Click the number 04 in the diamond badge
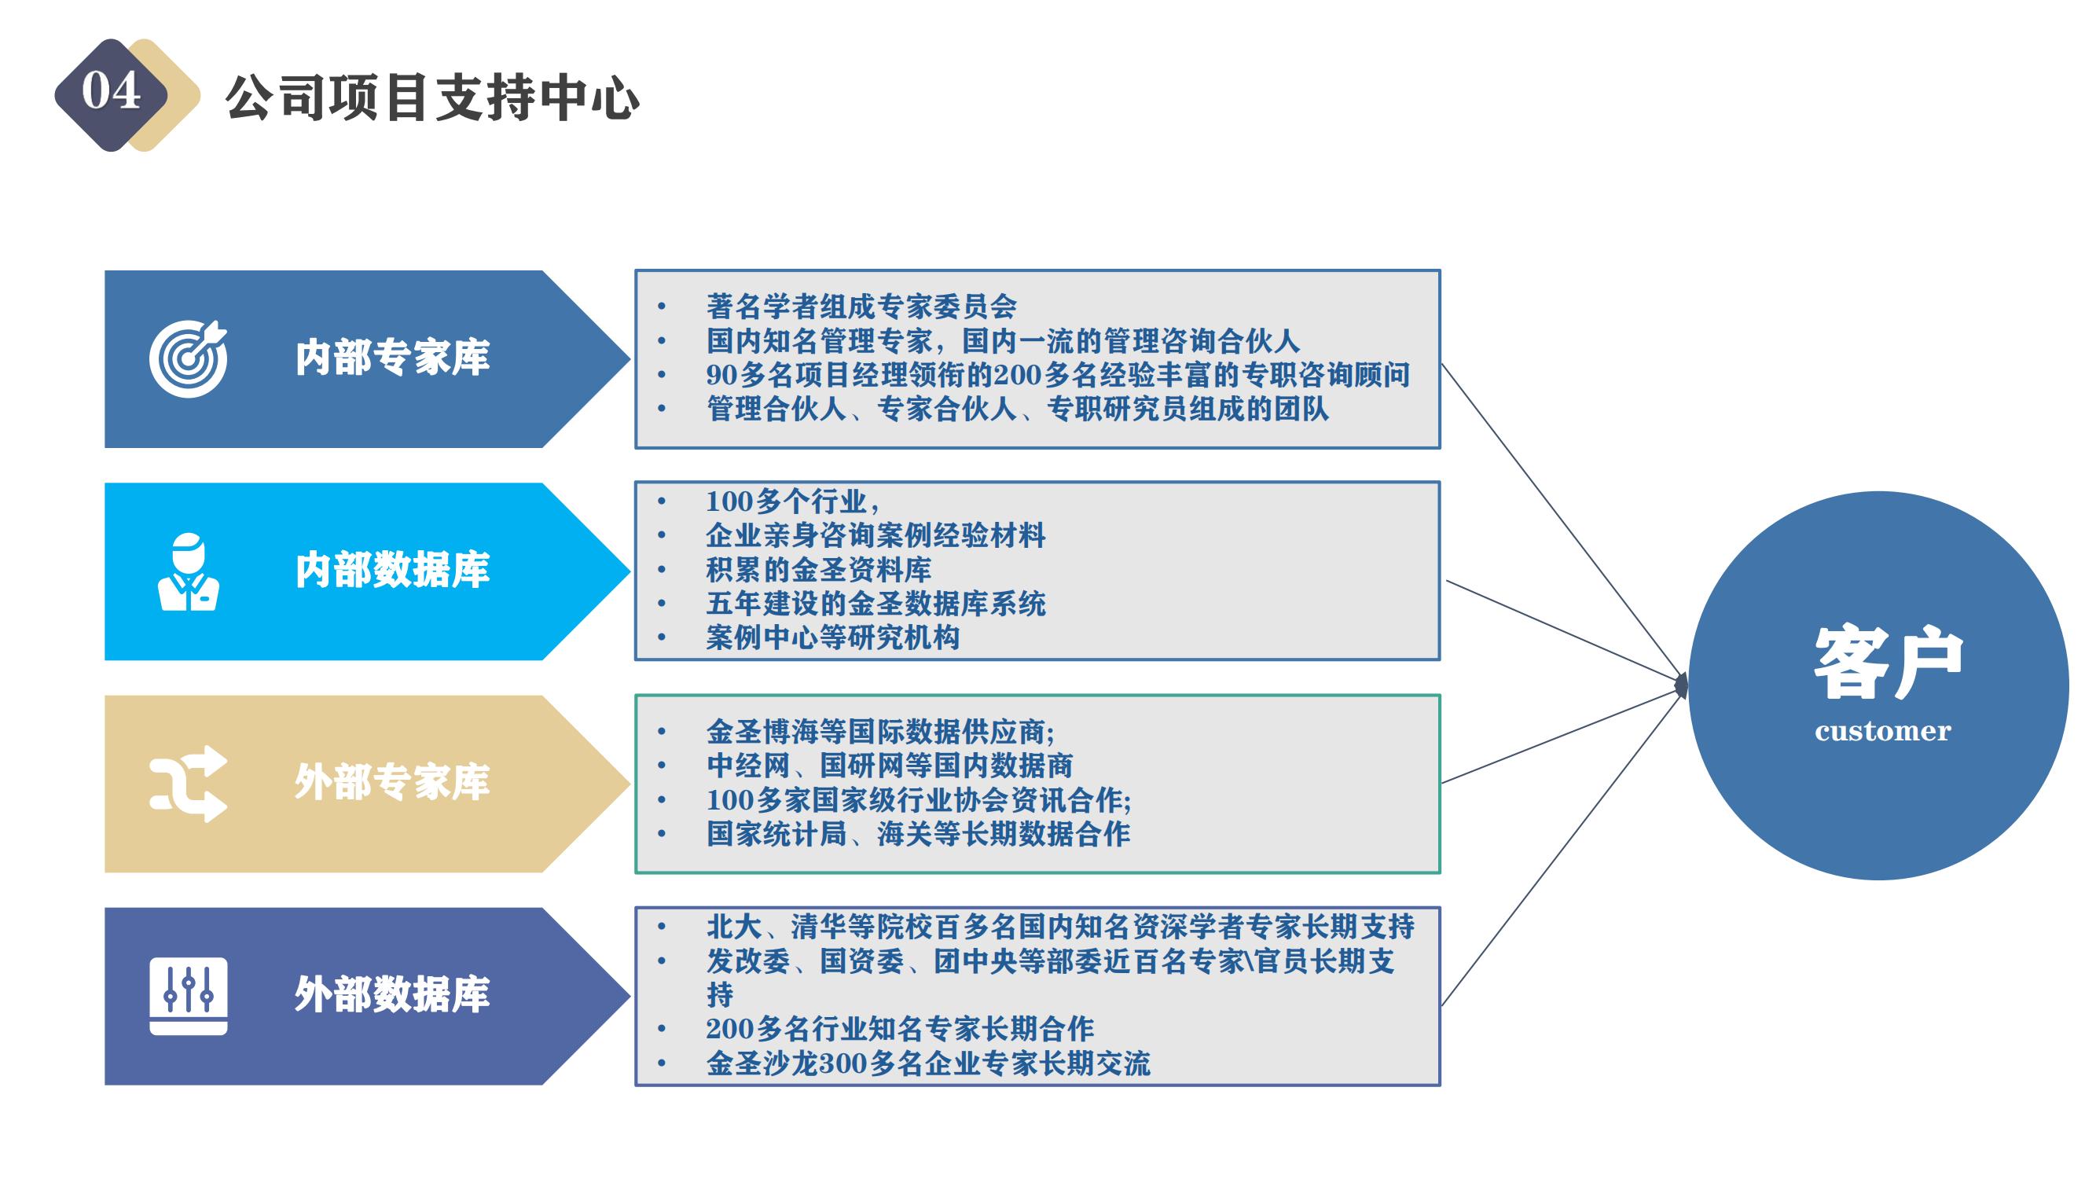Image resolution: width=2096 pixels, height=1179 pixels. tap(111, 90)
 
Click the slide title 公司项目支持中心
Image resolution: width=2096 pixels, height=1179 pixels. tap(432, 98)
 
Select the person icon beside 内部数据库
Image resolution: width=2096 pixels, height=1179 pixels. tap(188, 572)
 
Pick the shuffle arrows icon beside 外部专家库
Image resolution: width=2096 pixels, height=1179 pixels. tap(188, 784)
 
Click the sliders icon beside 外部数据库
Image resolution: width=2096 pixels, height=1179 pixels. tap(188, 996)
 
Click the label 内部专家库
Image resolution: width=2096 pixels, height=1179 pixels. tap(392, 358)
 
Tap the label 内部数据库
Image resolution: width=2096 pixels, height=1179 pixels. tap(392, 571)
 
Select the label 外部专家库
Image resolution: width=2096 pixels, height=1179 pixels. tap(392, 783)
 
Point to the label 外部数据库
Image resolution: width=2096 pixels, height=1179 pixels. tap(392, 995)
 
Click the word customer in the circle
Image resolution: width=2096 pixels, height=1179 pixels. tap(1883, 732)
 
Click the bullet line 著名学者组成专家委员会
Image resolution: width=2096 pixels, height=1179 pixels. tap(861, 307)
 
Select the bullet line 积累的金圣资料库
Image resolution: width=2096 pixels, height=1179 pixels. tap(819, 570)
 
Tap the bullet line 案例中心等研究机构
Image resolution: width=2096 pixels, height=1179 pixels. tap(833, 637)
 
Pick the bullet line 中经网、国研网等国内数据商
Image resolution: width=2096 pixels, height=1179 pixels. tap(890, 766)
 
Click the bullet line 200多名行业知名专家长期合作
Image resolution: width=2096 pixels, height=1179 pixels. tap(900, 1030)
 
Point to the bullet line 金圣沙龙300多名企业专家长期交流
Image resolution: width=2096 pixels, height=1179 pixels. tap(928, 1063)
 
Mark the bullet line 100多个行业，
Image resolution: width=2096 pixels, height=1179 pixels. tap(792, 501)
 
